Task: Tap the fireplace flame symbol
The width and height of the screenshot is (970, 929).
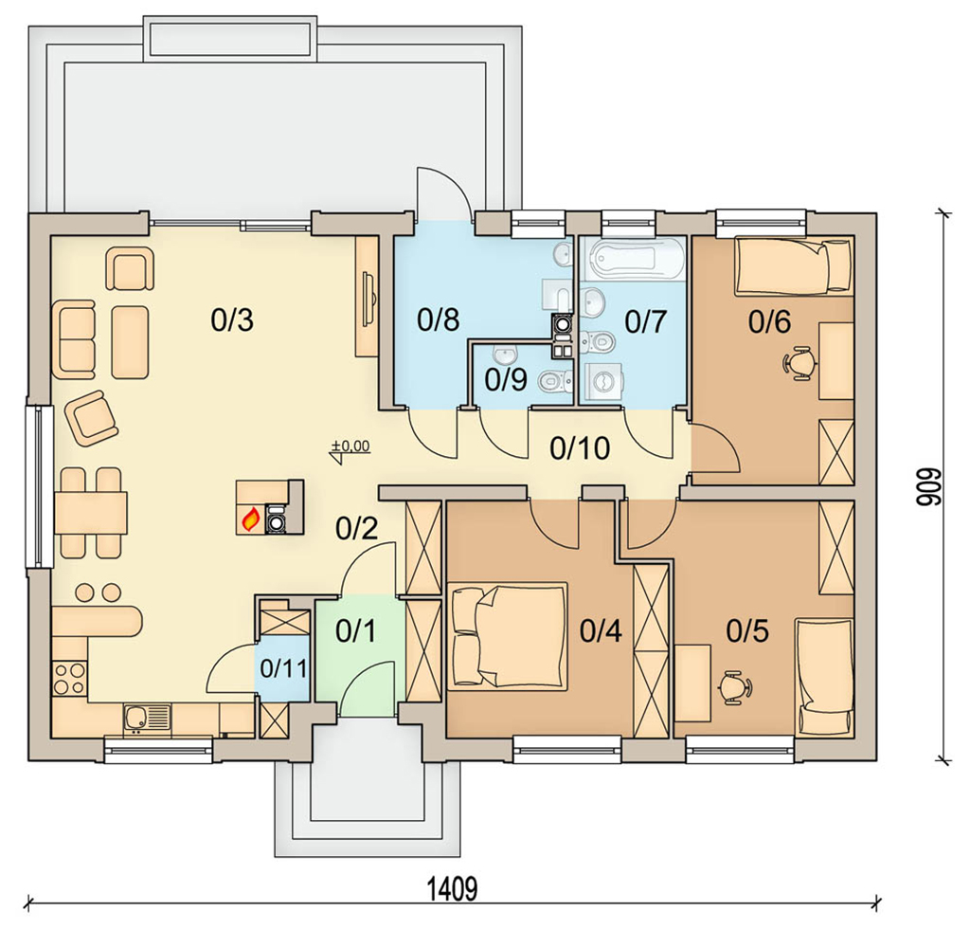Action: pyautogui.click(x=250, y=519)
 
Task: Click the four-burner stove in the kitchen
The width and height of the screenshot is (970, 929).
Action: pyautogui.click(x=69, y=677)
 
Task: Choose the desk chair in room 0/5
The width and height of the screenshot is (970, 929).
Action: pyautogui.click(x=736, y=686)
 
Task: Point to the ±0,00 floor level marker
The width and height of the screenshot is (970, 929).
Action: pyautogui.click(x=350, y=450)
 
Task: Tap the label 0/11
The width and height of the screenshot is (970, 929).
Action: pyautogui.click(x=283, y=669)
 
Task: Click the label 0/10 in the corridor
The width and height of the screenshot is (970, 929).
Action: pyautogui.click(x=580, y=448)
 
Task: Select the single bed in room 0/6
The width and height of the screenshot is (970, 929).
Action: pyautogui.click(x=793, y=266)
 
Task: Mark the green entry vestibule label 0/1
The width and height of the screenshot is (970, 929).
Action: pyautogui.click(x=356, y=631)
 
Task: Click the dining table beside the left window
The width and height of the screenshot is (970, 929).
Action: pyautogui.click(x=91, y=513)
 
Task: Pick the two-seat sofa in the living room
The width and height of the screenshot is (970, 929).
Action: pyautogui.click(x=74, y=338)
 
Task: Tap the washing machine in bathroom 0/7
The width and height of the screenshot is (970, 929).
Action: pyautogui.click(x=603, y=382)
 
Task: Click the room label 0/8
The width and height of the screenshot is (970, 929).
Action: pyautogui.click(x=438, y=320)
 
